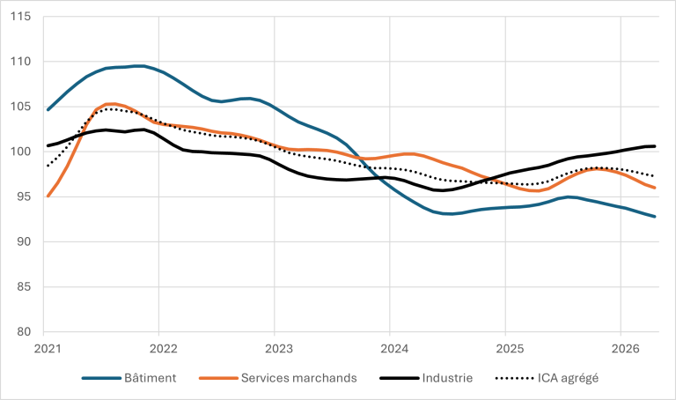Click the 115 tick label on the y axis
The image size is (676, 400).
point(21,17)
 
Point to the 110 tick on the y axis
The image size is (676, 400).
point(21,62)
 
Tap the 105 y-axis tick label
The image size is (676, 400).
point(21,107)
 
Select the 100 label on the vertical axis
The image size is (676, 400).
point(21,152)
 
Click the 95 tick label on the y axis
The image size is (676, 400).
point(24,196)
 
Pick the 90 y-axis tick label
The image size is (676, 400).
point(24,241)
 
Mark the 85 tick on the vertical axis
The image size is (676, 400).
point(24,287)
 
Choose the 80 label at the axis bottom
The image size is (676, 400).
point(24,332)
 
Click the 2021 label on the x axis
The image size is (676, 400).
point(48,349)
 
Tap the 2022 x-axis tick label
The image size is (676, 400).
point(164,349)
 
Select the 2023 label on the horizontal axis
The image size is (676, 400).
point(279,349)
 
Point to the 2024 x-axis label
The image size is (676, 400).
point(394,349)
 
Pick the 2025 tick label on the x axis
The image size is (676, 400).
point(510,349)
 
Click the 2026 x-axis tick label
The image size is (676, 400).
point(625,349)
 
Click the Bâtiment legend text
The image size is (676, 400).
point(150,378)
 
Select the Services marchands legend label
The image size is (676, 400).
point(298,378)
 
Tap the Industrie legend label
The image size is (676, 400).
point(447,378)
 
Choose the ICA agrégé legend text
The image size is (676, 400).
point(568,379)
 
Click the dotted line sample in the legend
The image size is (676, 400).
point(515,379)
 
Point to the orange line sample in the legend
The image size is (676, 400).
point(218,379)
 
